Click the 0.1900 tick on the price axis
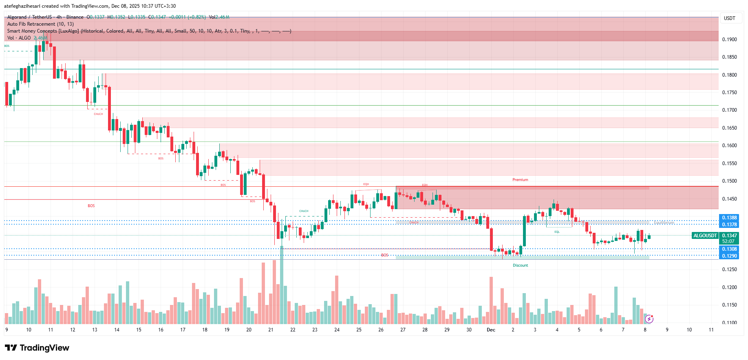(x=729, y=40)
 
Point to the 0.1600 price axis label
(x=729, y=146)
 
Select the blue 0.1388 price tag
(x=729, y=218)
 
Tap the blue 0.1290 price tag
(x=729, y=256)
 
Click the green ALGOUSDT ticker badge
(x=705, y=236)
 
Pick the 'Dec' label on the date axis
(x=491, y=330)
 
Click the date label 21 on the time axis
(x=271, y=330)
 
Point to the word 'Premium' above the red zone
(x=520, y=180)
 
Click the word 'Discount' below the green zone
(x=520, y=265)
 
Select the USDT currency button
(x=729, y=18)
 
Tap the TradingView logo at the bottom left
(x=37, y=348)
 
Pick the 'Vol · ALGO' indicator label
(x=19, y=38)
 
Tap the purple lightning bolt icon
(x=649, y=319)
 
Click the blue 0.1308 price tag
(x=729, y=249)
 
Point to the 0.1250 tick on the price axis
(x=729, y=269)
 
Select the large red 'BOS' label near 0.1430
(x=91, y=206)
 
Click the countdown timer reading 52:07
(x=728, y=241)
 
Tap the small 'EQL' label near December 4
(x=557, y=232)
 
